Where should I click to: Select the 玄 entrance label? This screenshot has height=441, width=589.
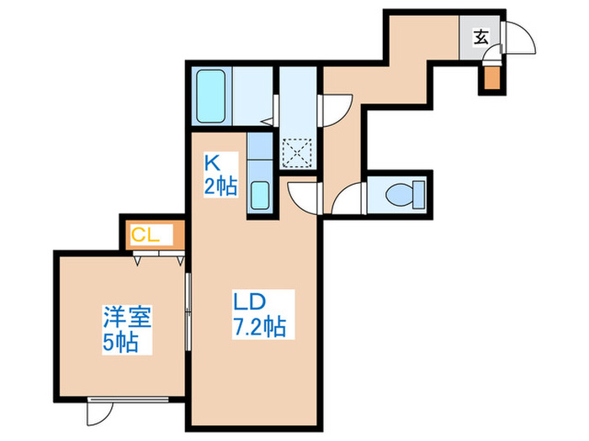click(x=480, y=37)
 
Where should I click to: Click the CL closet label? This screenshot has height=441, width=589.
click(x=146, y=235)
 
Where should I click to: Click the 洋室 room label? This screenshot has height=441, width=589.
click(x=126, y=318)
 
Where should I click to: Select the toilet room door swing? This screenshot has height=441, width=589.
click(x=346, y=202)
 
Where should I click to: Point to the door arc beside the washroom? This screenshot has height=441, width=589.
click(x=337, y=108)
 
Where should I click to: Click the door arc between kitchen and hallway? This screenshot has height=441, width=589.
click(x=300, y=198)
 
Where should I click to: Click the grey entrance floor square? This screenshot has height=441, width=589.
click(x=480, y=37)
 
